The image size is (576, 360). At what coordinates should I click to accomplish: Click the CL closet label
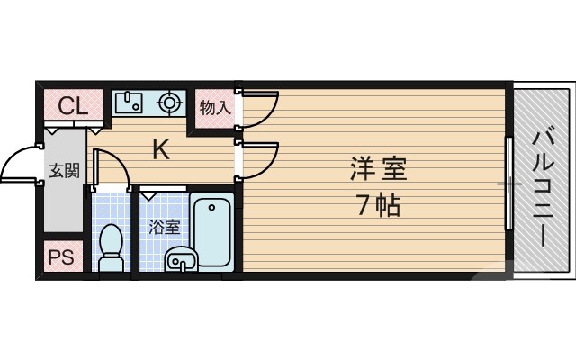(x=67, y=105)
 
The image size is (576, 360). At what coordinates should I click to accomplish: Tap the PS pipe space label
(x=60, y=258)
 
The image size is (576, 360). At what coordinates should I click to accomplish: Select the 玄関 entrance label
(x=63, y=171)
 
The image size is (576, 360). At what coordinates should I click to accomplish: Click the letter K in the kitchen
(x=160, y=149)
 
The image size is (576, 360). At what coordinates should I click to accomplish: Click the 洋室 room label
(x=377, y=168)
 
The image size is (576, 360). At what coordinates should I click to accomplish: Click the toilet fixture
(x=112, y=247)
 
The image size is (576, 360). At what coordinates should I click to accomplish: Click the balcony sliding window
(x=509, y=184)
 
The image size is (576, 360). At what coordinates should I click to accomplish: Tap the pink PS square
(x=60, y=258)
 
